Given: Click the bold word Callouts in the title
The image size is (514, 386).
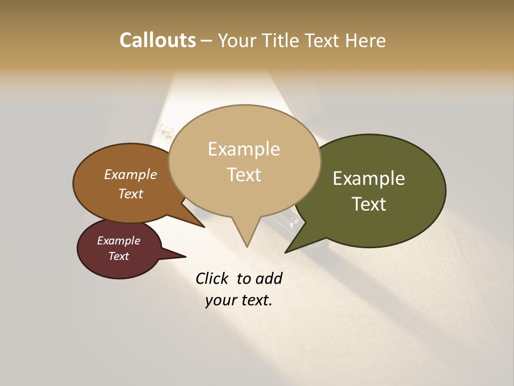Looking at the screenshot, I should pyautogui.click(x=157, y=40).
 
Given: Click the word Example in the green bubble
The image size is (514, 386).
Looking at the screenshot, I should pyautogui.click(x=368, y=178).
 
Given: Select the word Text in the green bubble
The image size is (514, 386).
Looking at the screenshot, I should pyautogui.click(x=369, y=204).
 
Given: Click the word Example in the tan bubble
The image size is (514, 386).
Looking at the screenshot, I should pyautogui.click(x=244, y=149).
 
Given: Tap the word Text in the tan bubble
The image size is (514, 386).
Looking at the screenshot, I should pyautogui.click(x=244, y=174).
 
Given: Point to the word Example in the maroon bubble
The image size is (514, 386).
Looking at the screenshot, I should pyautogui.click(x=118, y=241).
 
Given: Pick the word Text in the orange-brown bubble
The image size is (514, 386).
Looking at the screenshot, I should pyautogui.click(x=131, y=194).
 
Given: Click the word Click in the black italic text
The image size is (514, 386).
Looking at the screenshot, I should pyautogui.click(x=212, y=278).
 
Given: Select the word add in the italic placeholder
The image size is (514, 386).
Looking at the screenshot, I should pyautogui.click(x=269, y=278).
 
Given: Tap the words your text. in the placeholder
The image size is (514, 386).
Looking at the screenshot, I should pyautogui.click(x=238, y=300).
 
